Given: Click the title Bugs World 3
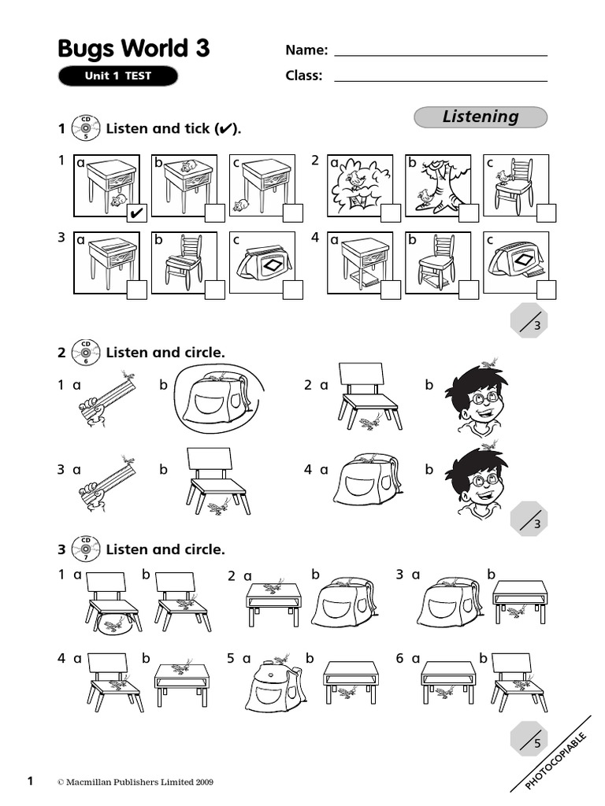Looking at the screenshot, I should pyautogui.click(x=134, y=49).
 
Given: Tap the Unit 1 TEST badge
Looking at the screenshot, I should pyautogui.click(x=117, y=76).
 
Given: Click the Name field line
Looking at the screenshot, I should pyautogui.click(x=440, y=55).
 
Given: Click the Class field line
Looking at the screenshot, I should pyautogui.click(x=440, y=80).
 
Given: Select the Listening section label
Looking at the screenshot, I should pyautogui.click(x=480, y=117).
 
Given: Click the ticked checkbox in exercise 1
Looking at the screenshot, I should pyautogui.click(x=135, y=213).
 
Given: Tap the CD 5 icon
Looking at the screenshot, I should pyautogui.click(x=86, y=128).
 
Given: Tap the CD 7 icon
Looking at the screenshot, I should pyautogui.click(x=86, y=549).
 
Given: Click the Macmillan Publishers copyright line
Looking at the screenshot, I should pyautogui.click(x=135, y=782).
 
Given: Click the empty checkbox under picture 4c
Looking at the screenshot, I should pyautogui.click(x=546, y=290).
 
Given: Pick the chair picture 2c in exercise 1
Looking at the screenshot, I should pyautogui.click(x=513, y=184).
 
